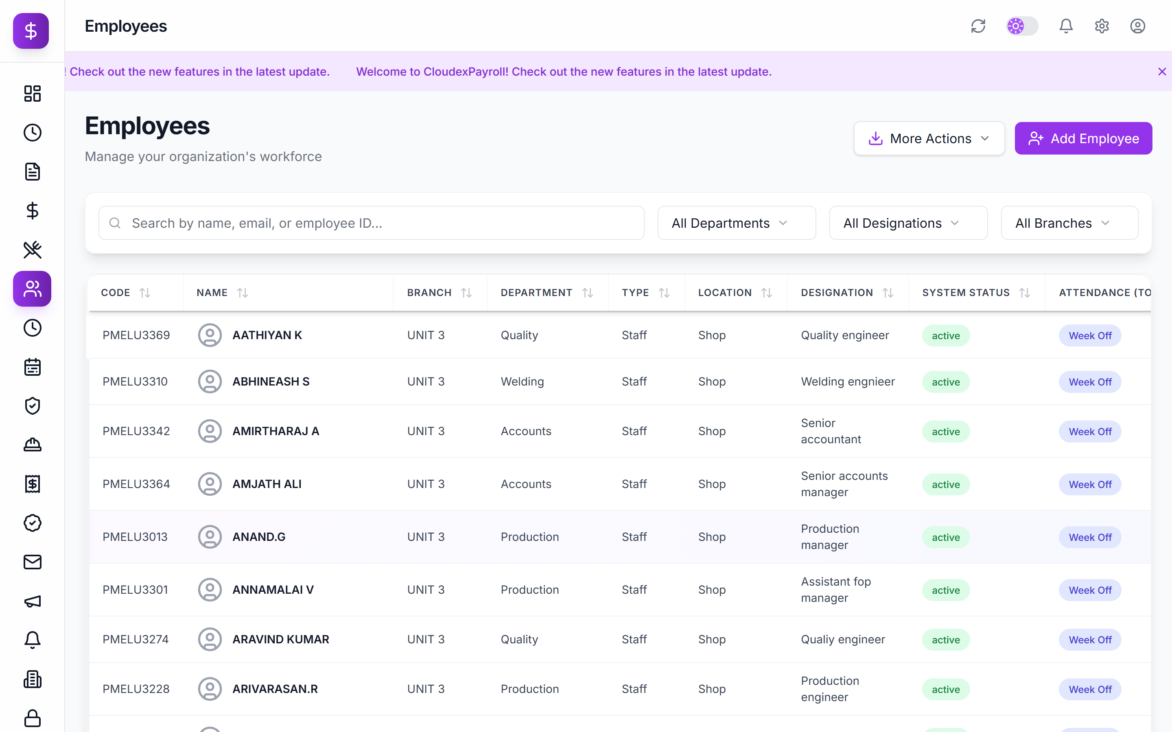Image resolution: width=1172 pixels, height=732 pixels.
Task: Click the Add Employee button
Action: click(x=1083, y=138)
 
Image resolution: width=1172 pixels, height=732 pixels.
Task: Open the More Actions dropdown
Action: click(x=929, y=138)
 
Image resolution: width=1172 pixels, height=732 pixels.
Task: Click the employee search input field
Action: click(x=372, y=223)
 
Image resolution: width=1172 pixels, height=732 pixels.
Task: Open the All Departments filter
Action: click(x=736, y=223)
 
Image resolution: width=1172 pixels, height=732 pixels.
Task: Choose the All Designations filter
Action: click(x=908, y=223)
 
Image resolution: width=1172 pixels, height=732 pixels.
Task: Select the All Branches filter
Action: click(x=1069, y=223)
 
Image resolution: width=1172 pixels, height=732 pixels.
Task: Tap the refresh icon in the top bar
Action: click(x=978, y=26)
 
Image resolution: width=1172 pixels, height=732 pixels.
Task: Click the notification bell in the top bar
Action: click(x=1066, y=26)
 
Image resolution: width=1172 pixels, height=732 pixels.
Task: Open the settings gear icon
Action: click(x=1102, y=26)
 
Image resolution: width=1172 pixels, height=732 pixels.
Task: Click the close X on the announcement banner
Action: click(x=1162, y=72)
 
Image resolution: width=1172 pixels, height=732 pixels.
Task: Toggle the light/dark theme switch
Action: click(x=1022, y=26)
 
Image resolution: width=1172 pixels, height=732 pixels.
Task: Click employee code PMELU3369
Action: click(x=136, y=335)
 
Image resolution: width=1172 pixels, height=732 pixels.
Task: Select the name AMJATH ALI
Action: click(x=267, y=484)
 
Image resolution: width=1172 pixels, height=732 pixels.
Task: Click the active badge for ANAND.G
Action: click(x=946, y=537)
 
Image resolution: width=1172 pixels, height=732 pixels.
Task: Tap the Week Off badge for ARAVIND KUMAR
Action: click(x=1090, y=640)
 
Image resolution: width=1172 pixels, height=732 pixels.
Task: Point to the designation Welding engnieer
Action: click(x=848, y=381)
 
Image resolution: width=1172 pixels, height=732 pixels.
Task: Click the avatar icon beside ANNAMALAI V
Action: click(x=210, y=590)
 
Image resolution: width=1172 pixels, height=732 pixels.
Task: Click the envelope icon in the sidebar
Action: click(x=33, y=562)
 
